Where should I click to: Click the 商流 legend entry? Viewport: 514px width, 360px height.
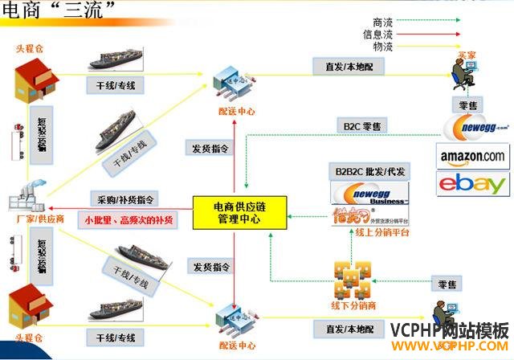(x=383, y=22)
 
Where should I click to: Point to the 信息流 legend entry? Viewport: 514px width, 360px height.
(x=377, y=35)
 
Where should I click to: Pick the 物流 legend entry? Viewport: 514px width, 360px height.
(x=383, y=47)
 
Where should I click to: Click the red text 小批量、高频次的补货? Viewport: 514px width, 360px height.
(x=130, y=218)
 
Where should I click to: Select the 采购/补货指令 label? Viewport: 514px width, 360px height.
(x=126, y=198)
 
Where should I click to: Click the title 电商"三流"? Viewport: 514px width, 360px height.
(x=59, y=9)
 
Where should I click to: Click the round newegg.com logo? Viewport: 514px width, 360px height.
(x=474, y=126)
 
